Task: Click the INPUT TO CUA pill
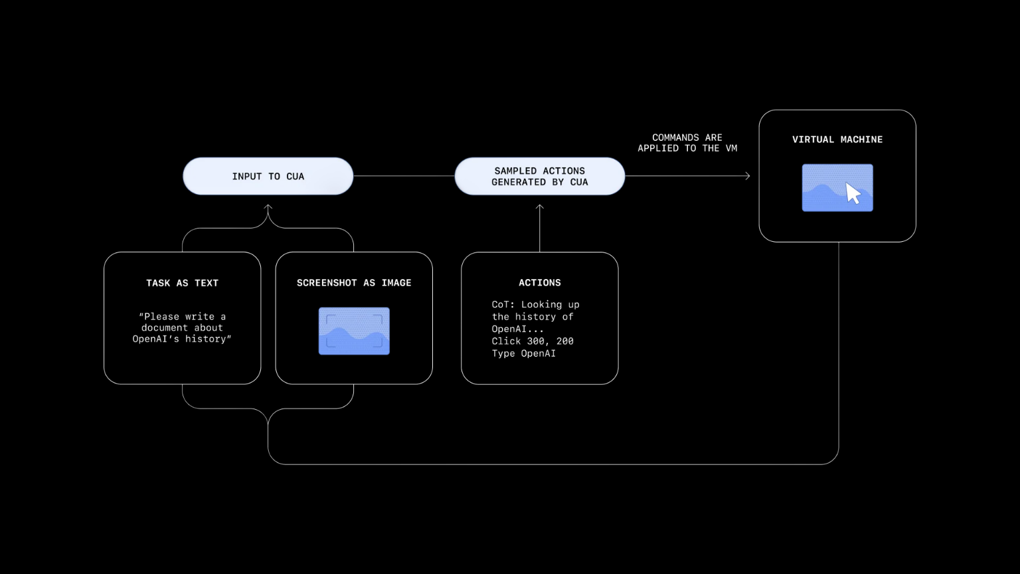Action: pos(268,176)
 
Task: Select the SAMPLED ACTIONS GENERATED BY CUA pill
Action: pos(539,176)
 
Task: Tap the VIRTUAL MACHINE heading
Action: pos(837,140)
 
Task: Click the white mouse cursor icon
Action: pos(853,193)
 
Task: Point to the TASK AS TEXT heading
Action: pos(182,283)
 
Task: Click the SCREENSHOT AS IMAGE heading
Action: pos(353,283)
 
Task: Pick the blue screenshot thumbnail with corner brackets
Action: pos(354,331)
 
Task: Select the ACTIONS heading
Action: pos(539,283)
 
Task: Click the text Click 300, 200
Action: pos(532,341)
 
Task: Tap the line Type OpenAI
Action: pos(523,353)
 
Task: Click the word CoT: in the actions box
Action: pos(503,304)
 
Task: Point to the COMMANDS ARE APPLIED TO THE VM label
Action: pos(687,143)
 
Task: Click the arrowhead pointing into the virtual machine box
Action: pos(747,176)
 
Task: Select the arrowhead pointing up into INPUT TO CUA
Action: pos(268,208)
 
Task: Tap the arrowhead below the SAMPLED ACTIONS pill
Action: pos(539,208)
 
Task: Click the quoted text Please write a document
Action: pos(182,322)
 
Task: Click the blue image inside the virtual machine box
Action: pos(823,188)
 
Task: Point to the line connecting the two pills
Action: pos(404,176)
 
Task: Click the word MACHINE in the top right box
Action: pos(861,140)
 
